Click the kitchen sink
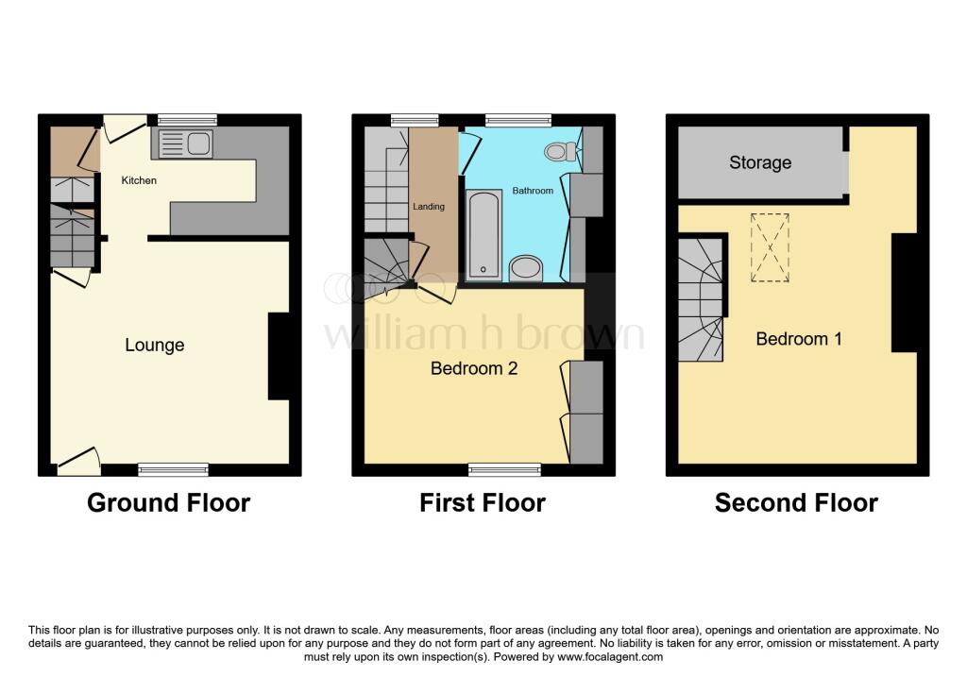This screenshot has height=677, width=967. [186, 144]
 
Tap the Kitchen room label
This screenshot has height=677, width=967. [138, 180]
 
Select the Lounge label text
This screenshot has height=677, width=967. [155, 346]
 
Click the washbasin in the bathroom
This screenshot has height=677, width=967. [526, 268]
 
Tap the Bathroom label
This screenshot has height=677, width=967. [533, 191]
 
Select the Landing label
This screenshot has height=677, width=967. [429, 206]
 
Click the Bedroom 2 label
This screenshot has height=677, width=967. [474, 368]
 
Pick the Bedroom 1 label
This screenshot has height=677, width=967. [799, 339]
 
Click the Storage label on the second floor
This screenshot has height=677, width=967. [760, 162]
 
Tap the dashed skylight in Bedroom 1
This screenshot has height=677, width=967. [771, 247]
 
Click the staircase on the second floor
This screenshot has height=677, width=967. [700, 298]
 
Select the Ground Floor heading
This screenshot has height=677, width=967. [168, 503]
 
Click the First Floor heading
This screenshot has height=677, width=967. [483, 503]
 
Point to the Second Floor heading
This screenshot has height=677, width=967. [796, 503]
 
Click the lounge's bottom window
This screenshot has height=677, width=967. [173, 469]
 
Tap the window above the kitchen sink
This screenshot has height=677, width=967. [187, 120]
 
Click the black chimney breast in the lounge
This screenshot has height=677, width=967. [280, 356]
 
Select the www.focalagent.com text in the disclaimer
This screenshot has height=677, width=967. [610, 656]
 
